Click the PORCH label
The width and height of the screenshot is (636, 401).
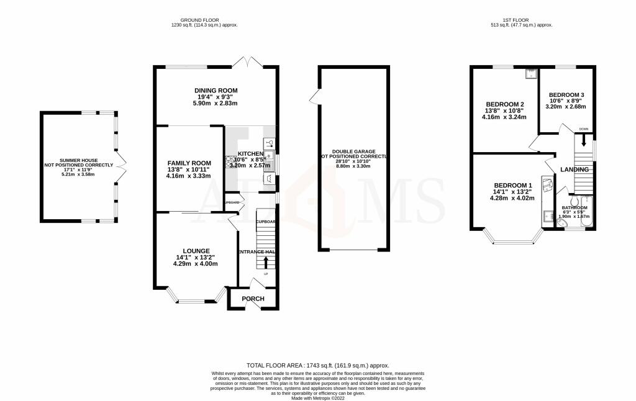tap(253, 299)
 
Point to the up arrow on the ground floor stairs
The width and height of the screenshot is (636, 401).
tap(266, 262)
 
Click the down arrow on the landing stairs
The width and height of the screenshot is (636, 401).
tap(583, 140)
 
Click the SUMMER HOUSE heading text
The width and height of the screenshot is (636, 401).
tap(78, 160)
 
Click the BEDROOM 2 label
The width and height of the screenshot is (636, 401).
tap(505, 104)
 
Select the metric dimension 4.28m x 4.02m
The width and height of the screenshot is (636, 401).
tap(512, 199)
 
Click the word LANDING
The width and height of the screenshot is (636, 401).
tap(575, 169)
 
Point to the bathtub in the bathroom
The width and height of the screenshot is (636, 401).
tap(587, 217)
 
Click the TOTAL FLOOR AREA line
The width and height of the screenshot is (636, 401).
tap(317, 366)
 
